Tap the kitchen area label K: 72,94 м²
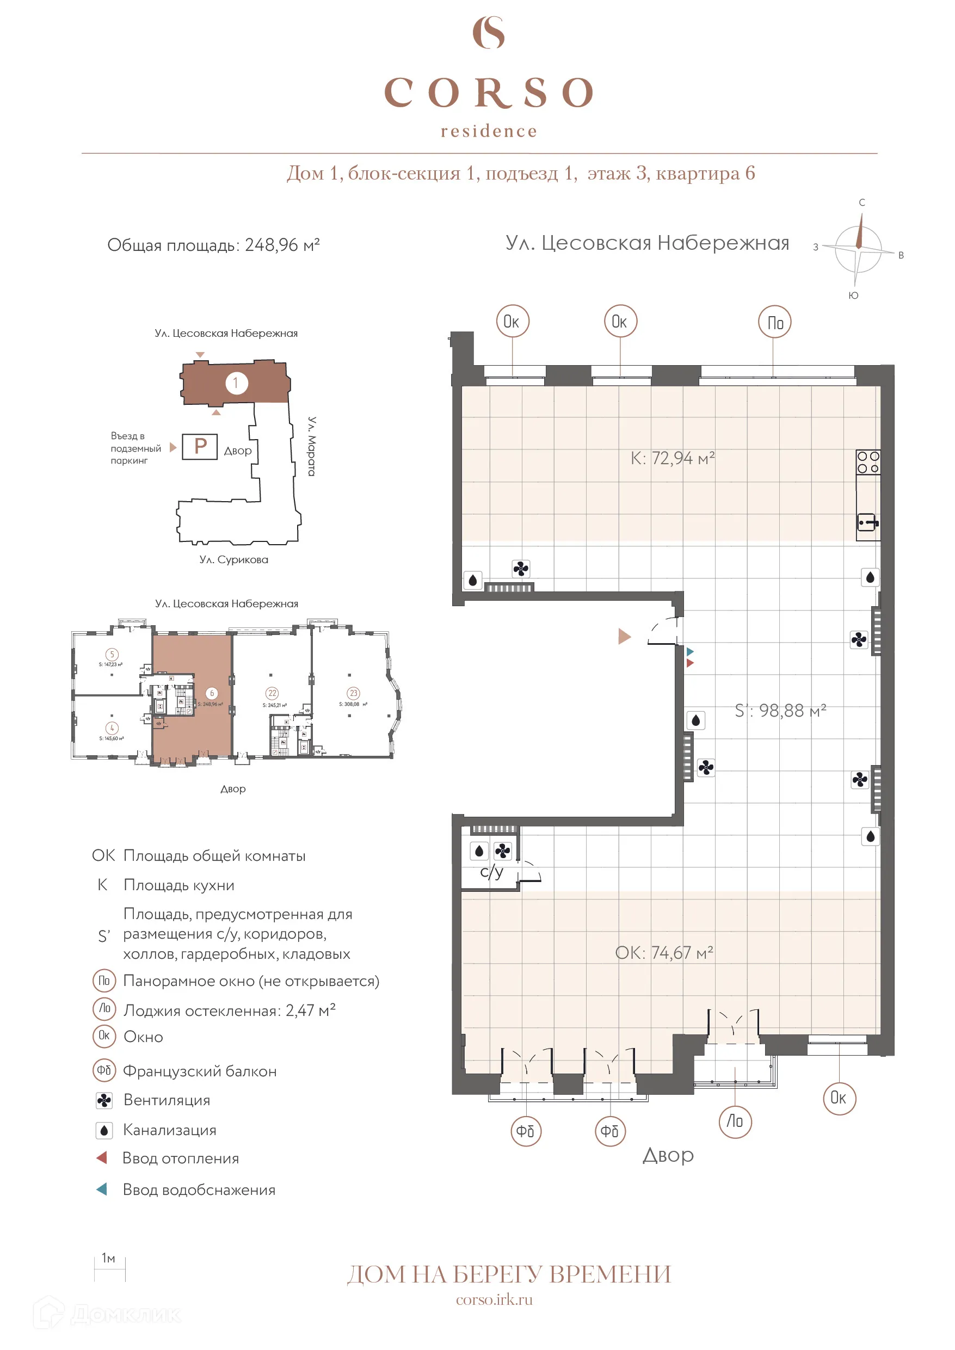coord(672,458)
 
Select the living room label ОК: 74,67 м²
coord(664,953)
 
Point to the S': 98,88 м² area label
coord(780,710)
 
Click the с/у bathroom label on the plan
coord(491,872)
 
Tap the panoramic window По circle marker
coord(774,322)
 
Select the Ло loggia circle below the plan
coord(735,1121)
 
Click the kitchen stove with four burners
coord(867,462)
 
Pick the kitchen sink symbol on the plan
coord(867,522)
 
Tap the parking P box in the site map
coord(200,446)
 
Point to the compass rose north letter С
coord(861,202)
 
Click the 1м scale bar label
coord(108,1258)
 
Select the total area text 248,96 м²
coord(282,245)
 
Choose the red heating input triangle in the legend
coord(102,1158)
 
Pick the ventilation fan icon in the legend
coord(104,1100)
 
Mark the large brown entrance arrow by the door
coord(625,636)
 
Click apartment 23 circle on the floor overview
coord(353,693)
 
